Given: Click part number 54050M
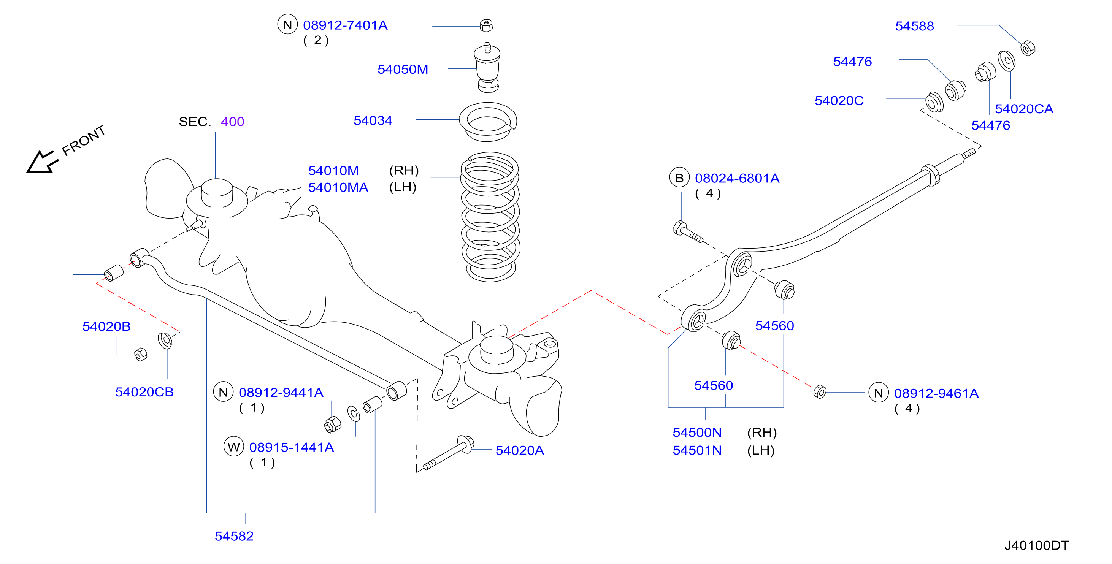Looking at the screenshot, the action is coord(403,69).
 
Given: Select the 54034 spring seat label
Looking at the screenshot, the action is coord(373,120).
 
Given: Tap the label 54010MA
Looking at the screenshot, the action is coord(338,187).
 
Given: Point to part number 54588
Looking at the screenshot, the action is coord(914,26).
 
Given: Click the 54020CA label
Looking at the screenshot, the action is coord(1024,109).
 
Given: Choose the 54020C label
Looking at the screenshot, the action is coord(839,101).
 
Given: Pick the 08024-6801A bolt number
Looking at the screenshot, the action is coord(737,178).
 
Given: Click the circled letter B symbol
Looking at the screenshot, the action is coord(679,178).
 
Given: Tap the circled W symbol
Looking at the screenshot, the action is coord(234,447).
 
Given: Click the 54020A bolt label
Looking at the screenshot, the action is coord(519,450).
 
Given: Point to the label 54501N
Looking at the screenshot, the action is coord(697,450).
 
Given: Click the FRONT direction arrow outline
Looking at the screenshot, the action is coord(41,162).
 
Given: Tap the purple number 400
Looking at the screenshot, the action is coord(232,122).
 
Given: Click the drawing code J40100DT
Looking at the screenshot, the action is coord(1036,545).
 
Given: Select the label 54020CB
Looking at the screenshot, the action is coord(144,392).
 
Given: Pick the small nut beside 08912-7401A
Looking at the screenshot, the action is coord(487,25).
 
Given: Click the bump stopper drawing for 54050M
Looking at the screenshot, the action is coord(488,67).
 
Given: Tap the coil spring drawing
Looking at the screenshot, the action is coord(490,217).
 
